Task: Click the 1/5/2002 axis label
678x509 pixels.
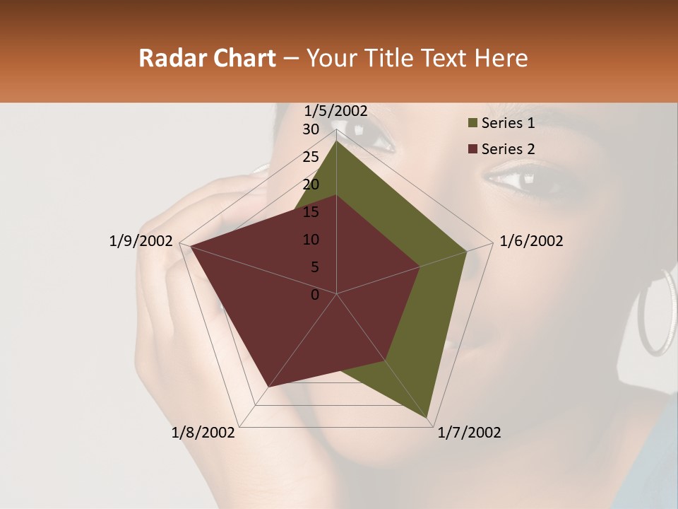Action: pyautogui.click(x=336, y=110)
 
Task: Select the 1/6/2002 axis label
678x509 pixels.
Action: pyautogui.click(x=531, y=241)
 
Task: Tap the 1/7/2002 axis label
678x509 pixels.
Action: pyautogui.click(x=469, y=433)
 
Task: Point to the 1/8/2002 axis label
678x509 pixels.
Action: pyautogui.click(x=203, y=433)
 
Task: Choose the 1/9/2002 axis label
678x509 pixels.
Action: pyautogui.click(x=141, y=241)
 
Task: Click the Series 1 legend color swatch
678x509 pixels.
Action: pyautogui.click(x=472, y=124)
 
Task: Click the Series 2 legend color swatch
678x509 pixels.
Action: pyautogui.click(x=472, y=149)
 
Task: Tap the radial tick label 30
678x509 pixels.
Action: pyautogui.click(x=311, y=129)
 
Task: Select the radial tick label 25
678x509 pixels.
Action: pyautogui.click(x=311, y=157)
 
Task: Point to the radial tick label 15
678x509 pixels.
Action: pyautogui.click(x=311, y=212)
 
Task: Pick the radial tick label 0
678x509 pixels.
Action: pyautogui.click(x=315, y=295)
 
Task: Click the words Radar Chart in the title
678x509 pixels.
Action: pyautogui.click(x=207, y=59)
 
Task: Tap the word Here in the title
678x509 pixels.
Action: pyautogui.click(x=501, y=59)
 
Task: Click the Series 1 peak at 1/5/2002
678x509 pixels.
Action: pyautogui.click(x=336, y=141)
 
